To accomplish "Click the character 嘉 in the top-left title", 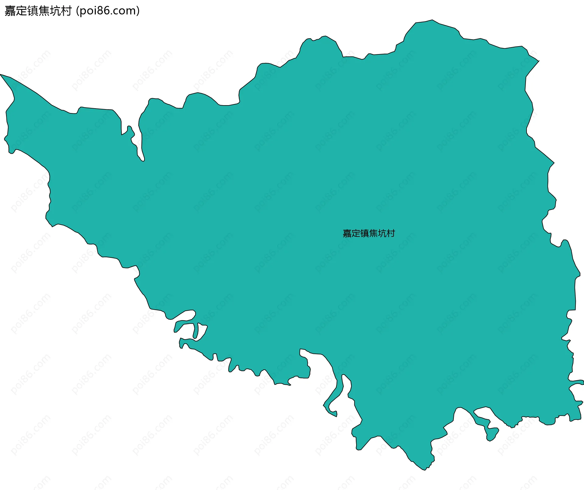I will pyautogui.click(x=10, y=11).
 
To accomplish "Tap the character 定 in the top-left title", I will pyautogui.click(x=22, y=11).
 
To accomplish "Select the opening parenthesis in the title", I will pyautogui.click(x=78, y=11).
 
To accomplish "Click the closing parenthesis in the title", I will pyautogui.click(x=138, y=11).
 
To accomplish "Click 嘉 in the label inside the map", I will pyautogui.click(x=347, y=233).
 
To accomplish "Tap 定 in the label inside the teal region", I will pyautogui.click(x=356, y=233).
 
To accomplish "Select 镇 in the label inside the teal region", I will pyautogui.click(x=365, y=233).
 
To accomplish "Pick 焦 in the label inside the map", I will pyautogui.click(x=373, y=233).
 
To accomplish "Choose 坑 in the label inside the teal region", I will pyautogui.click(x=382, y=233).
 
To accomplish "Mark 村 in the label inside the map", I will pyautogui.click(x=391, y=233).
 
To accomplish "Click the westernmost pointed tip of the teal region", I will pyautogui.click(x=1, y=74).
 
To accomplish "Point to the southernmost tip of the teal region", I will pyautogui.click(x=425, y=470).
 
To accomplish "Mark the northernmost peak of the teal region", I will pyautogui.click(x=432, y=20).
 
